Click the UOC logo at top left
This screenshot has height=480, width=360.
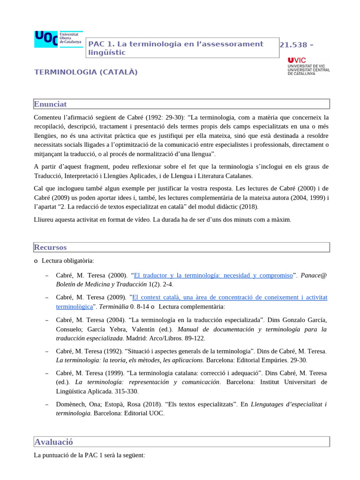pos(58,39)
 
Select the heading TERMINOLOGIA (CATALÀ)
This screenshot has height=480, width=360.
pos(86,72)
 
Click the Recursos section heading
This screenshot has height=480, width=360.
pos(50,247)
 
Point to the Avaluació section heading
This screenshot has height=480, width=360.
pos(53,442)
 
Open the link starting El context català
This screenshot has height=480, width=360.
pos(230,297)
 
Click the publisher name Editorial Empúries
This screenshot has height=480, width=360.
pos(255,360)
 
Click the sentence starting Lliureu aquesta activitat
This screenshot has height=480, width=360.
pos(163,219)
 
